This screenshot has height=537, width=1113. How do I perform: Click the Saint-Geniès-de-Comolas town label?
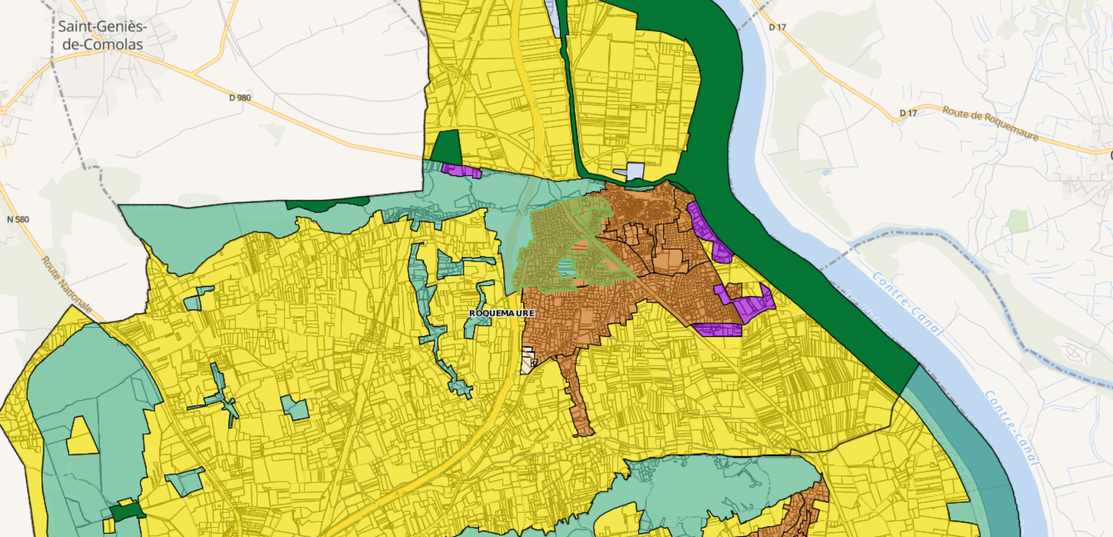pos(102,35)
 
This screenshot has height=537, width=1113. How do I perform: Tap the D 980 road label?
pos(240,97)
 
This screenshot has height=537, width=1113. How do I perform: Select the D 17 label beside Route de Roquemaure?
pos(908,113)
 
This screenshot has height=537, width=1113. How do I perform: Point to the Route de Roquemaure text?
pos(990,123)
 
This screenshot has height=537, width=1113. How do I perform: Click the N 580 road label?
pos(18,219)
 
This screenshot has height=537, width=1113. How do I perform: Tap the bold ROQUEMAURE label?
pos(501,313)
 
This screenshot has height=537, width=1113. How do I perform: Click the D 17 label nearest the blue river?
pos(777,27)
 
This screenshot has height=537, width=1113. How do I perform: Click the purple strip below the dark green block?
pos(461,171)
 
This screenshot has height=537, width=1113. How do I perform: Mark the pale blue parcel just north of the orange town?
pos(634,171)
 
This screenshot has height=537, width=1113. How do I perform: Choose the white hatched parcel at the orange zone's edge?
pos(528,360)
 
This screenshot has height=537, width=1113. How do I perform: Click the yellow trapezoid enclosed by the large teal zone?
pos(82,438)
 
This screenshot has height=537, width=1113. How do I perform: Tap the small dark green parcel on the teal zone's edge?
pos(127,511)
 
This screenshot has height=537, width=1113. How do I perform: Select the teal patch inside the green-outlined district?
pos(565,269)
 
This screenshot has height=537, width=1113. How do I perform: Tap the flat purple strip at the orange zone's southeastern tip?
pos(717,330)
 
